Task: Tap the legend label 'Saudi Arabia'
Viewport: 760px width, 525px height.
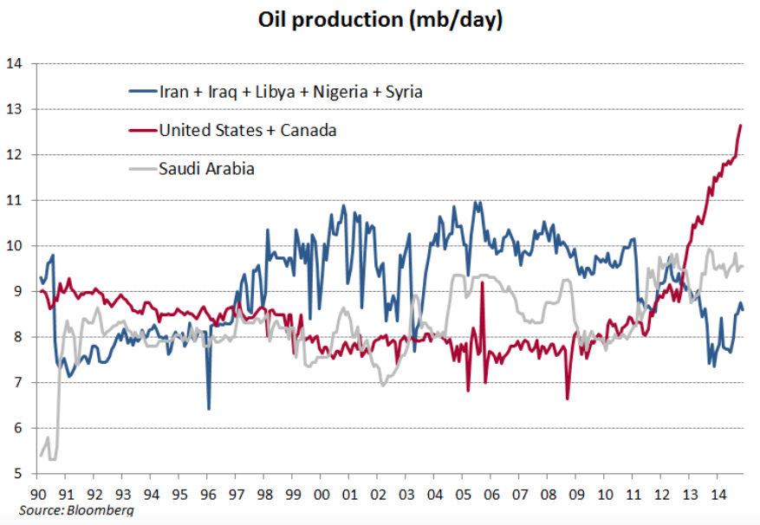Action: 206,169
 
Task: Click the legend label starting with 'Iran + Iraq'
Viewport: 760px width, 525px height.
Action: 290,91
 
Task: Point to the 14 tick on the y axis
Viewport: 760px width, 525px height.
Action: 13,63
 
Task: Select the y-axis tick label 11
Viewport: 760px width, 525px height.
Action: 13,200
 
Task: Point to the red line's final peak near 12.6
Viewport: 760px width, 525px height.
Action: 741,126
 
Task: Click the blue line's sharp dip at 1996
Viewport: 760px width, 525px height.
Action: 209,408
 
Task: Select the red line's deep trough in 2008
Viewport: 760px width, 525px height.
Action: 567,399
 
